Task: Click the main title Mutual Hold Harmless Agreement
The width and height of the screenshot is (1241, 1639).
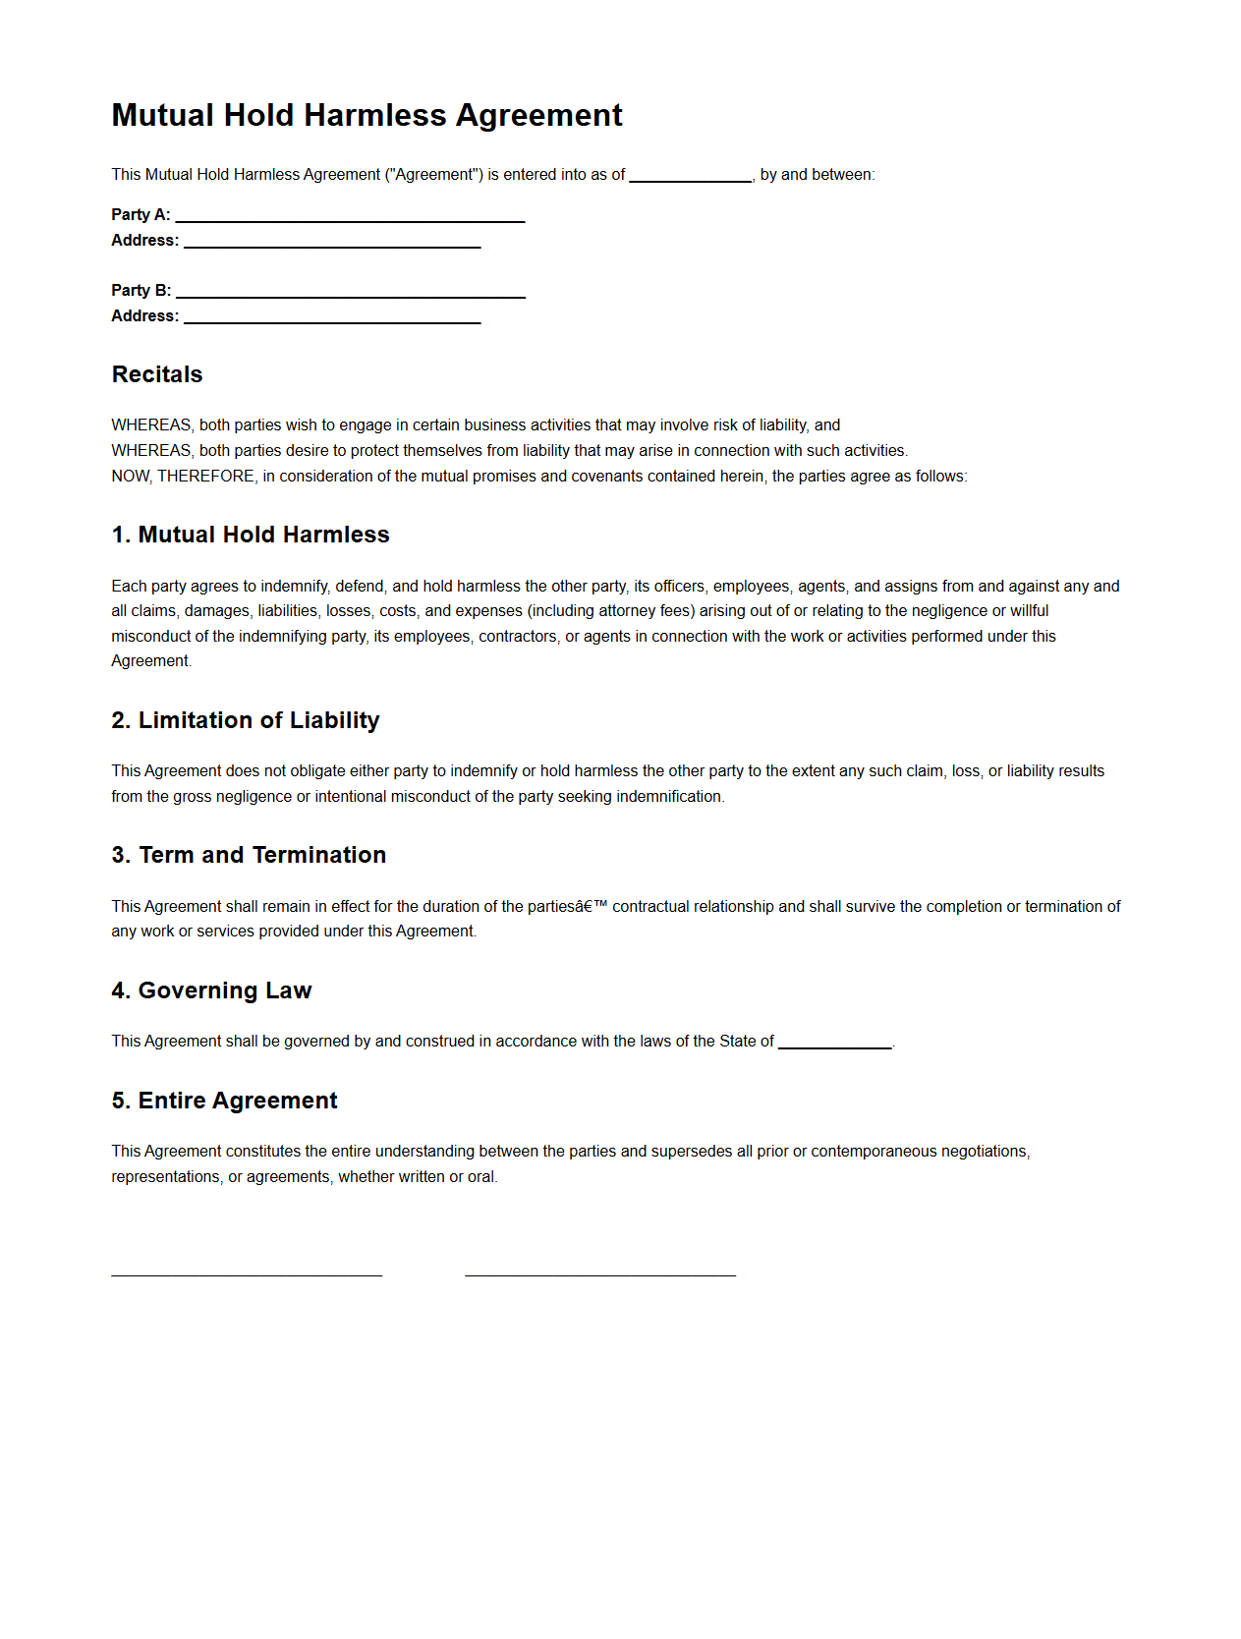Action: pyautogui.click(x=367, y=116)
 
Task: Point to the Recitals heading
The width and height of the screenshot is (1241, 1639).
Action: pyautogui.click(x=157, y=374)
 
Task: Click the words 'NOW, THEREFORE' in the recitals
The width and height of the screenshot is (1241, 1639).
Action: pyautogui.click(x=183, y=477)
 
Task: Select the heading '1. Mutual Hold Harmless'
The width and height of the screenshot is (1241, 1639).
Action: pyautogui.click(x=251, y=535)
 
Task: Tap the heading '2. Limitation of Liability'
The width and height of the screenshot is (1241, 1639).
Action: pyautogui.click(x=246, y=720)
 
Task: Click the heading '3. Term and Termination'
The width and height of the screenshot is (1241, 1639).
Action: pyautogui.click(x=249, y=855)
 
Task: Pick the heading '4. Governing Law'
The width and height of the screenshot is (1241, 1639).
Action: pyautogui.click(x=211, y=990)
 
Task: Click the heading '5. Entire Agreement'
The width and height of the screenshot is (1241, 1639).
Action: pyautogui.click(x=224, y=1101)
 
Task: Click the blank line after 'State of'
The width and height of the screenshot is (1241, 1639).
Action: pyautogui.click(x=834, y=1045)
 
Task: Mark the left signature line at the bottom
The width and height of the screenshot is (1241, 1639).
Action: pyautogui.click(x=247, y=1273)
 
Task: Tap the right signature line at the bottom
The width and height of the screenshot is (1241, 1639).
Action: pyautogui.click(x=600, y=1273)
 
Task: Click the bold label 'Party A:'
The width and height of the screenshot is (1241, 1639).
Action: pyautogui.click(x=141, y=215)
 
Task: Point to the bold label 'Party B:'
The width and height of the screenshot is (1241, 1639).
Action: pyautogui.click(x=141, y=291)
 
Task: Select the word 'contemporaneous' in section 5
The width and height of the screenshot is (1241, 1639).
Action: pyautogui.click(x=873, y=1152)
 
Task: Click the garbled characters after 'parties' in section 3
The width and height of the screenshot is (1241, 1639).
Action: pyautogui.click(x=592, y=907)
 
